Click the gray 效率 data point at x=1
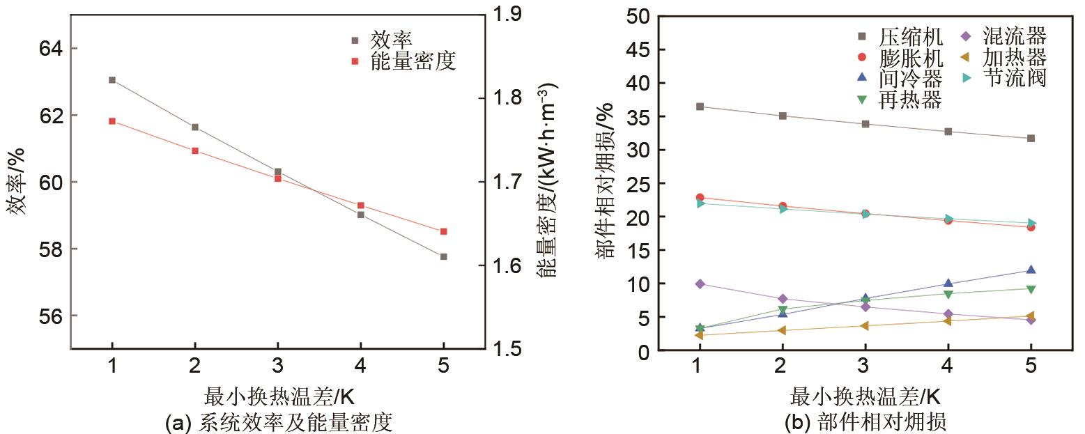point(112,80)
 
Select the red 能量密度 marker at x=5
point(443,231)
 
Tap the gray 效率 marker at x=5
point(443,256)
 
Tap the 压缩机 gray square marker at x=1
point(699,107)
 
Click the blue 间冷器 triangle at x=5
point(1031,270)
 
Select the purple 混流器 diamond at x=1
point(699,284)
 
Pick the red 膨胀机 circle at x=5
point(1031,227)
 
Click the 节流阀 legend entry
point(1014,78)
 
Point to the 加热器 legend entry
point(1014,57)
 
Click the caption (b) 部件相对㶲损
point(864,421)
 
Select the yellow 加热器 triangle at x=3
point(865,326)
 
